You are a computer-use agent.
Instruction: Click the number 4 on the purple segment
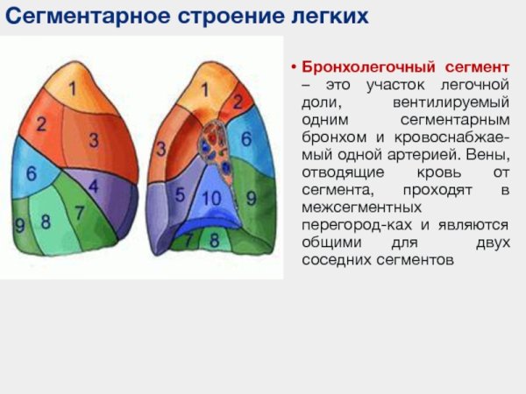[94, 186]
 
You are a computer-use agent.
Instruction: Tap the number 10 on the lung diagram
[211, 199]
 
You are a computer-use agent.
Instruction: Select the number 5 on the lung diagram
[180, 194]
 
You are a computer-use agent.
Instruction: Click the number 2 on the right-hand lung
[237, 102]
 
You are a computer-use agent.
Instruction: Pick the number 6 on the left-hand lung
[31, 174]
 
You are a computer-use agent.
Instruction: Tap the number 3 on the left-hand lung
[93, 139]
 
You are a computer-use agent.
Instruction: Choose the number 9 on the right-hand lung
[252, 199]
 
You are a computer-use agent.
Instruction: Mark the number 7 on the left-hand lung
[79, 212]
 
